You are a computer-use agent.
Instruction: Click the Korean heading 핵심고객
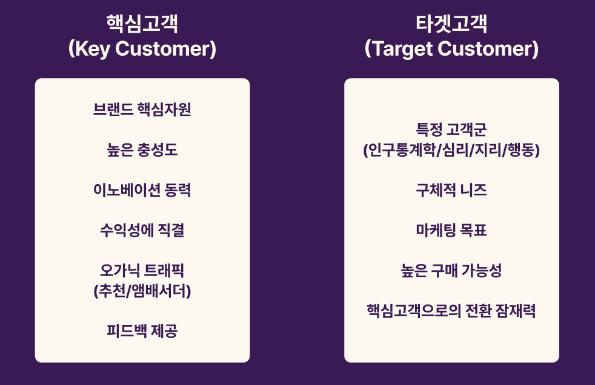click(142, 24)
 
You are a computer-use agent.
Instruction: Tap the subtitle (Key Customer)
click(142, 49)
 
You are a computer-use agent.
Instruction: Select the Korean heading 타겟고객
click(451, 24)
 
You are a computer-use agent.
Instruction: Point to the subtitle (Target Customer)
click(451, 49)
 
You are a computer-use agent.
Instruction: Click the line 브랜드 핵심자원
click(142, 110)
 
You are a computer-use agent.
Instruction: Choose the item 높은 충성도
click(142, 150)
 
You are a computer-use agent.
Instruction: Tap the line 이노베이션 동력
click(142, 190)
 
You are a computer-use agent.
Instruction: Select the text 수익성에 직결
click(142, 230)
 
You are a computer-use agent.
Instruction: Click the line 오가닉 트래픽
click(142, 270)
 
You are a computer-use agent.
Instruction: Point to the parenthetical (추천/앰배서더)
click(142, 291)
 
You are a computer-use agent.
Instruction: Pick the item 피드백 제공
click(142, 331)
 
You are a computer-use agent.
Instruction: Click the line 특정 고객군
click(451, 130)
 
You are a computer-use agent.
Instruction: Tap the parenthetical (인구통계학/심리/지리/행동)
click(451, 150)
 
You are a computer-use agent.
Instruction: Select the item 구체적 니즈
click(451, 190)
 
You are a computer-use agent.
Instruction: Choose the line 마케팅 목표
click(451, 230)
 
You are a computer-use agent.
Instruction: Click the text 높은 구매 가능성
click(451, 270)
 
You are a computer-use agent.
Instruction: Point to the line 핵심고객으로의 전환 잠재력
click(451, 311)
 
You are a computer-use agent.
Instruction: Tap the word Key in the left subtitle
click(93, 49)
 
